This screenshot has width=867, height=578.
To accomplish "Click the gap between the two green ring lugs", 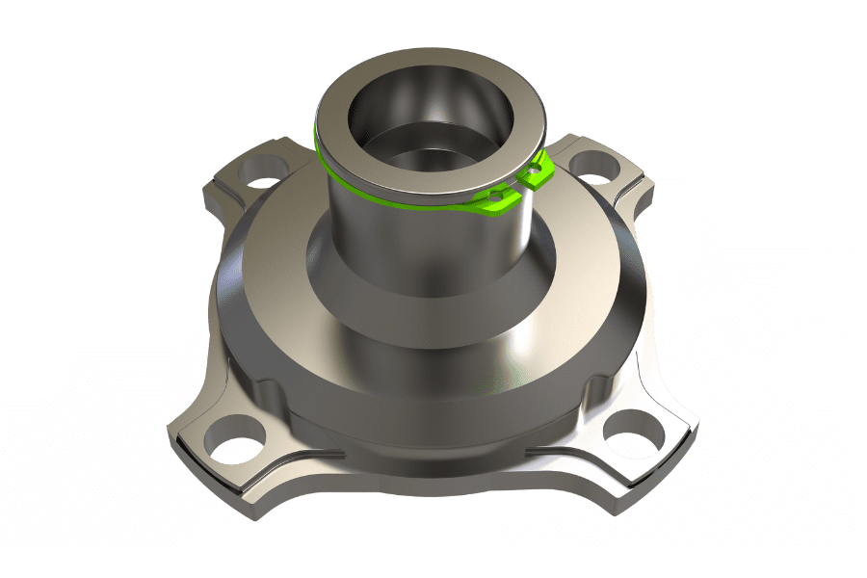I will pos(517,186).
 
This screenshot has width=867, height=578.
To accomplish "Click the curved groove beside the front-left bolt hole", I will pos(289,453).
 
